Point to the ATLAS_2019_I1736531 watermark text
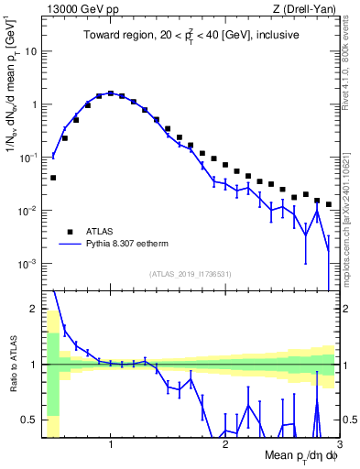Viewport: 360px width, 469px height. (191, 274)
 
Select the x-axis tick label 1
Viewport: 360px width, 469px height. (111, 444)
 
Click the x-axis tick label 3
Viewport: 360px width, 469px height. (339, 444)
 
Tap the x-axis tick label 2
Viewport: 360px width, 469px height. (225, 444)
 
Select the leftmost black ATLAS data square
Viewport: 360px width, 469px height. (53, 178)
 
